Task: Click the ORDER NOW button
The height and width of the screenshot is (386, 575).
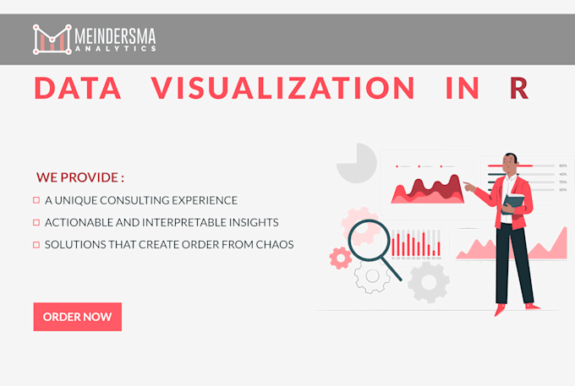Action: point(78,317)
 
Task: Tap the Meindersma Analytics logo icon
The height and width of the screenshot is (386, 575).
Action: point(52,40)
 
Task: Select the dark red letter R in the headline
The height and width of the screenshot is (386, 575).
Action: point(519,89)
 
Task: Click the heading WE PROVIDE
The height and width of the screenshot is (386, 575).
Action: point(80,178)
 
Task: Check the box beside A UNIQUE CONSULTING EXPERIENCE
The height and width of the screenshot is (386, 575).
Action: point(36,200)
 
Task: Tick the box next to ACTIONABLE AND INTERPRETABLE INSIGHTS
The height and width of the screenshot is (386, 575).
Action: point(36,222)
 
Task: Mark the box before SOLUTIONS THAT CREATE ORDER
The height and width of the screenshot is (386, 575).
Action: point(36,244)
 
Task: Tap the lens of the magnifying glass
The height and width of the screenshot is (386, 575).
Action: point(367,236)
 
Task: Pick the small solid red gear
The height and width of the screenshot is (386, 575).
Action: point(341,258)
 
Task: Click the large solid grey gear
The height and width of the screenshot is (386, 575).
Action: point(428,281)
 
